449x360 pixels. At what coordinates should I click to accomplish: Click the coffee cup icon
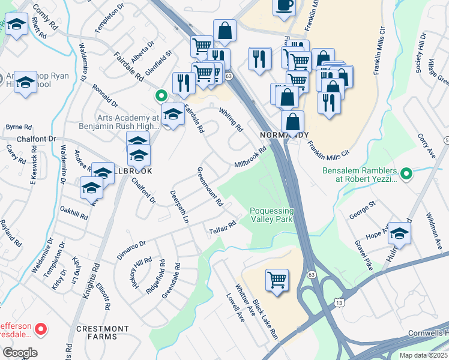click(284, 5)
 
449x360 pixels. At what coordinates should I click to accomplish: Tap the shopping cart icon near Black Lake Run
click(277, 279)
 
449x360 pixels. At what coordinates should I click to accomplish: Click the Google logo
click(20, 353)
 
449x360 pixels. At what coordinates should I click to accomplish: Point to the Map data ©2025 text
click(423, 355)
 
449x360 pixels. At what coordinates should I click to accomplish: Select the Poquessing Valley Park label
click(272, 215)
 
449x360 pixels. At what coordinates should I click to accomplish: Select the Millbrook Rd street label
click(250, 158)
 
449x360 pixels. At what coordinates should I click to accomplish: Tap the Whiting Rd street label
click(231, 119)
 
